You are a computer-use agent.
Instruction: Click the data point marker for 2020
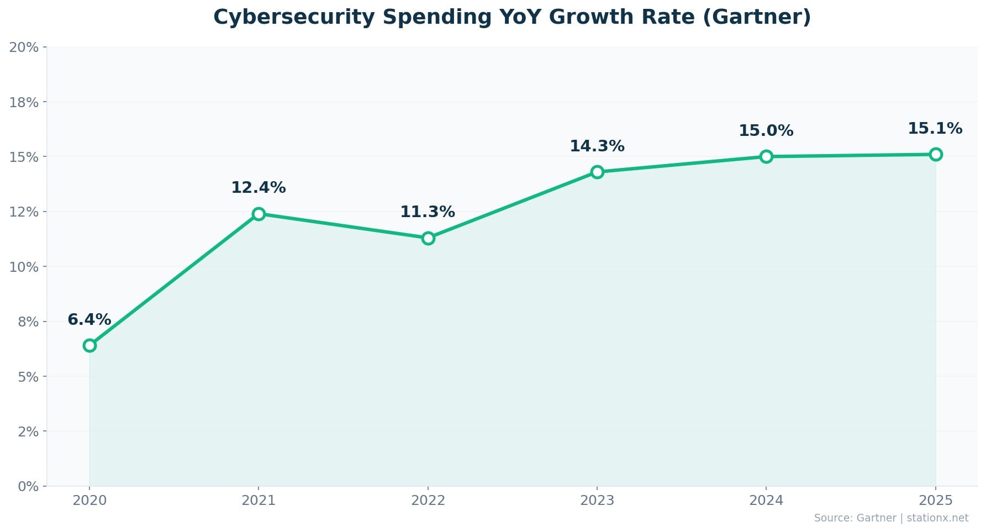[x=89, y=345]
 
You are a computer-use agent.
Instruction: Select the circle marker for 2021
[x=259, y=214]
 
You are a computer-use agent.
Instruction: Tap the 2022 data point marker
[x=428, y=238]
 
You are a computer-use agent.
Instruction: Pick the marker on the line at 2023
[x=597, y=172]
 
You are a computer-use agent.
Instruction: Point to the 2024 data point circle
[x=766, y=156]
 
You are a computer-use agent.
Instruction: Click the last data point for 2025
[x=936, y=154]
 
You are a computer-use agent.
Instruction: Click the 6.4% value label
[x=89, y=319]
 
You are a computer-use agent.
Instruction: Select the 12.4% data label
[x=259, y=187]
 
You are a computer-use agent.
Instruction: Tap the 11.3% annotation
[x=428, y=212]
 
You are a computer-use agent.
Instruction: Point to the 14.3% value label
[x=597, y=146]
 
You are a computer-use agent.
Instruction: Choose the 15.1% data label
[x=935, y=128]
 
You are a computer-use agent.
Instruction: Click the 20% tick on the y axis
[x=24, y=47]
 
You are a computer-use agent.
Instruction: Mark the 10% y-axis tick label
[x=24, y=267]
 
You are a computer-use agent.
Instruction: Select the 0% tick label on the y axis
[x=28, y=486]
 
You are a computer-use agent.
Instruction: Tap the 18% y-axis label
[x=24, y=102]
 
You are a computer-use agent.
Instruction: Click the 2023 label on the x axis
[x=597, y=501]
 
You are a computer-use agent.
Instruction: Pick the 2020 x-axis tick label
[x=89, y=501]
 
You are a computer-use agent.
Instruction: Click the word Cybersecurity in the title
[x=294, y=17]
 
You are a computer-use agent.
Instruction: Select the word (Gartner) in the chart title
[x=757, y=17]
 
